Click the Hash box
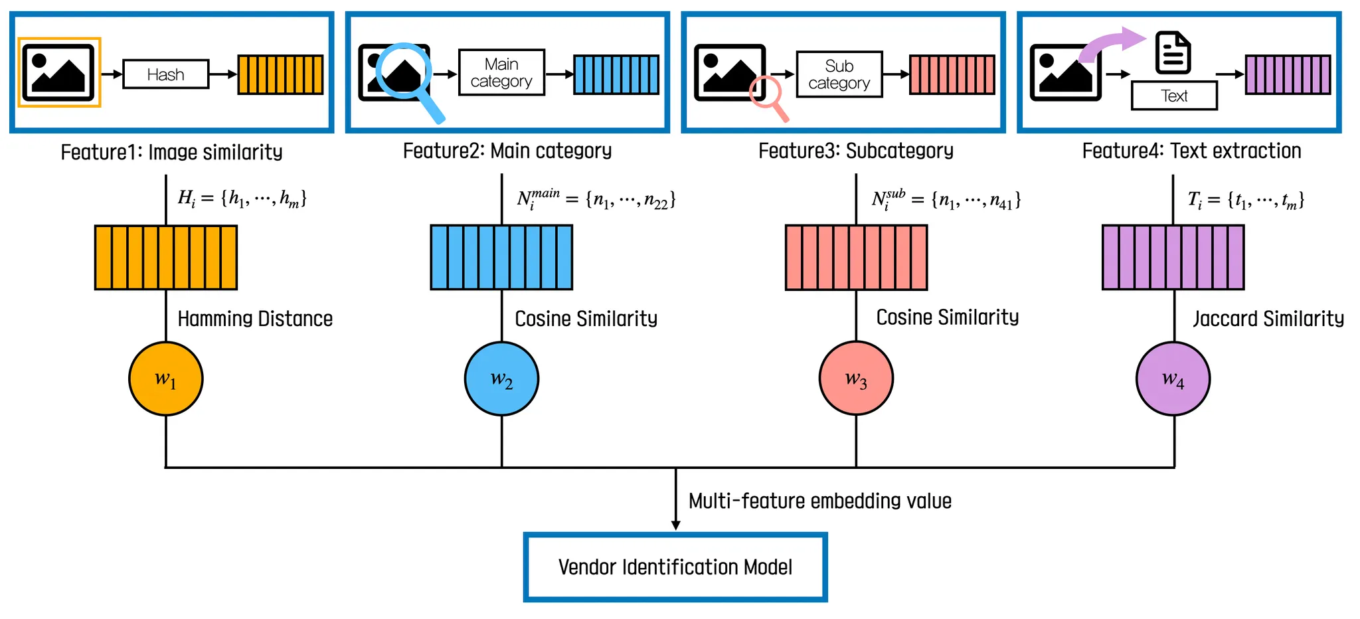pos(166,74)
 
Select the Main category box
pos(501,72)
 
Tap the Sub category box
pos(839,74)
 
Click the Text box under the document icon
pos(1174,96)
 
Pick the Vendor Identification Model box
pos(675,567)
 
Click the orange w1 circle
pos(166,379)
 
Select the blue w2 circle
pos(501,379)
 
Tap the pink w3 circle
pos(856,379)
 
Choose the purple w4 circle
pos(1173,379)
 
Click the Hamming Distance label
pos(255,319)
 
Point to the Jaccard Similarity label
pos(1268,319)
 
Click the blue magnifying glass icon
pos(405,73)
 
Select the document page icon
pos(1173,52)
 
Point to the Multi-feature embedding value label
pos(820,501)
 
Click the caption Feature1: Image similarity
pos(171,152)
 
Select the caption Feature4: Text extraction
pos(1191,151)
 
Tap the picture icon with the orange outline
pos(59,72)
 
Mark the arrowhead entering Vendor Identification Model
pos(675,525)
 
